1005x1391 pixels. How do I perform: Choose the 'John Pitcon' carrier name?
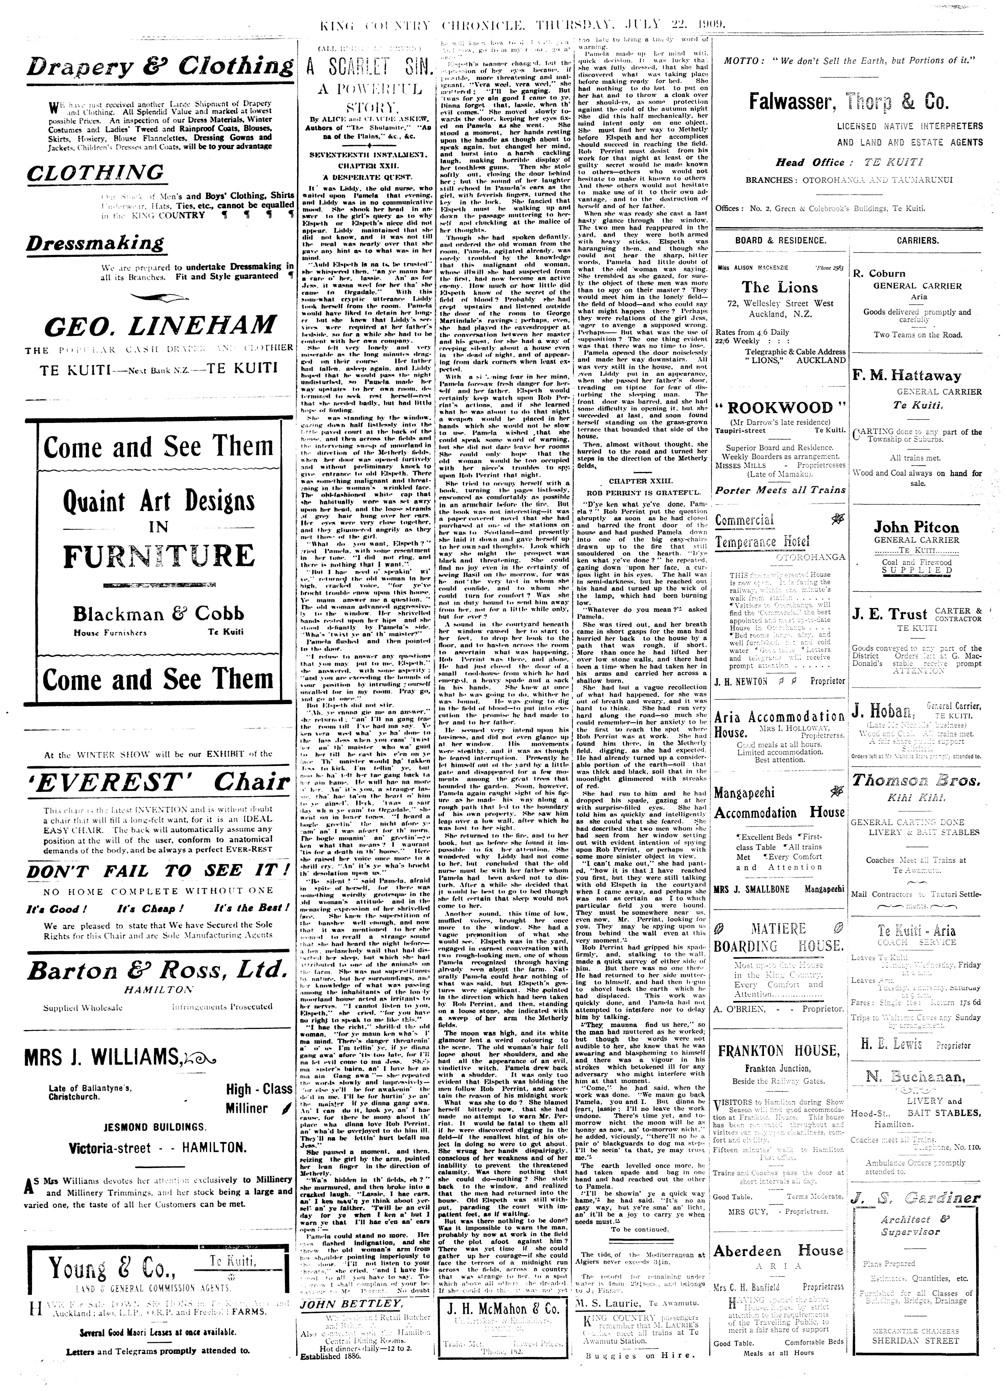[x=916, y=527]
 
